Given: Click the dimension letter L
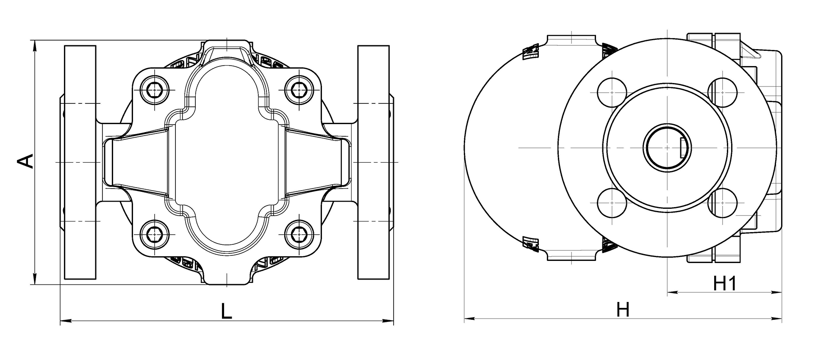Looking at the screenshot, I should (x=227, y=311).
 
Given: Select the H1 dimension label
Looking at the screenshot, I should (x=726, y=284).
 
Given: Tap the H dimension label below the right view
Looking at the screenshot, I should (x=623, y=310).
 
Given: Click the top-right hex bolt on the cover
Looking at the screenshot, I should (x=299, y=90).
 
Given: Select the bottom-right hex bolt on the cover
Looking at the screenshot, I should (x=299, y=233).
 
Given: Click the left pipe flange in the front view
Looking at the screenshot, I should (x=80, y=162).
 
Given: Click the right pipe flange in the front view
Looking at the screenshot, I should (x=373, y=162).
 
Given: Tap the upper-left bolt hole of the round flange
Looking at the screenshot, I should (x=612, y=93).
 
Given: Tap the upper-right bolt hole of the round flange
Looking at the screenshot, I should (x=723, y=93).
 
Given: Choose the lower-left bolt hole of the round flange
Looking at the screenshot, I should (x=612, y=203).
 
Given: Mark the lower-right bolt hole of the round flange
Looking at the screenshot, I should (x=723, y=203).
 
